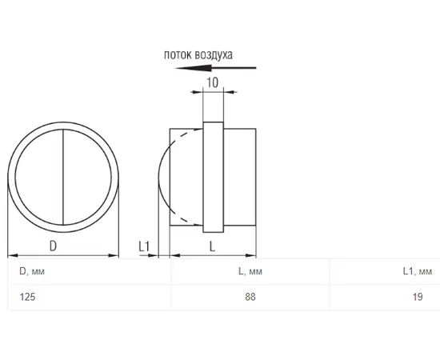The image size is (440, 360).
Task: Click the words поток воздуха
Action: (198, 55)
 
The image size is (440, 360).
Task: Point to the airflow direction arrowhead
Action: (193, 68)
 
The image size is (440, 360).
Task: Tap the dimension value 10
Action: (213, 82)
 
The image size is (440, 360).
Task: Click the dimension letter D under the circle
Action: (53, 246)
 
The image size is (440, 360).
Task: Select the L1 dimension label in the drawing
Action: (144, 246)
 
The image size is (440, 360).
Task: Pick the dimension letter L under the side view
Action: (213, 246)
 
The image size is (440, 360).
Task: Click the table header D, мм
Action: (32, 271)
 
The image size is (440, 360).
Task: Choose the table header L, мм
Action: (250, 271)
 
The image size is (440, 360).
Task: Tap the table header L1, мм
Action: (418, 271)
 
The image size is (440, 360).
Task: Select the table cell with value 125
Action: (27, 297)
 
